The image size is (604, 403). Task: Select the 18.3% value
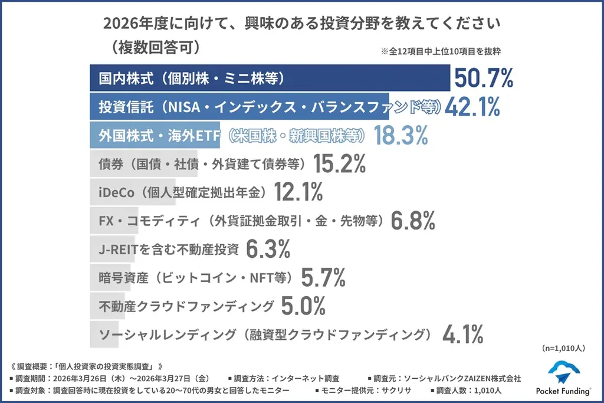[x=399, y=136]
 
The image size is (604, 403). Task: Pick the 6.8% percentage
[x=413, y=221]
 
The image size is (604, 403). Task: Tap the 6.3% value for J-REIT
[x=268, y=249]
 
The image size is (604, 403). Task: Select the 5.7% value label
[x=323, y=277]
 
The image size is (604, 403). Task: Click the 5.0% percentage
[x=303, y=306]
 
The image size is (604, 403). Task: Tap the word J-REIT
[x=117, y=249]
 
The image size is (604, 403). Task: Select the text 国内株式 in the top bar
[x=117, y=78]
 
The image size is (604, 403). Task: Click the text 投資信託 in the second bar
[x=117, y=107]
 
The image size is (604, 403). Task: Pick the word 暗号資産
[x=117, y=277]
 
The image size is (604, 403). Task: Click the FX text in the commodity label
[x=106, y=221]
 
